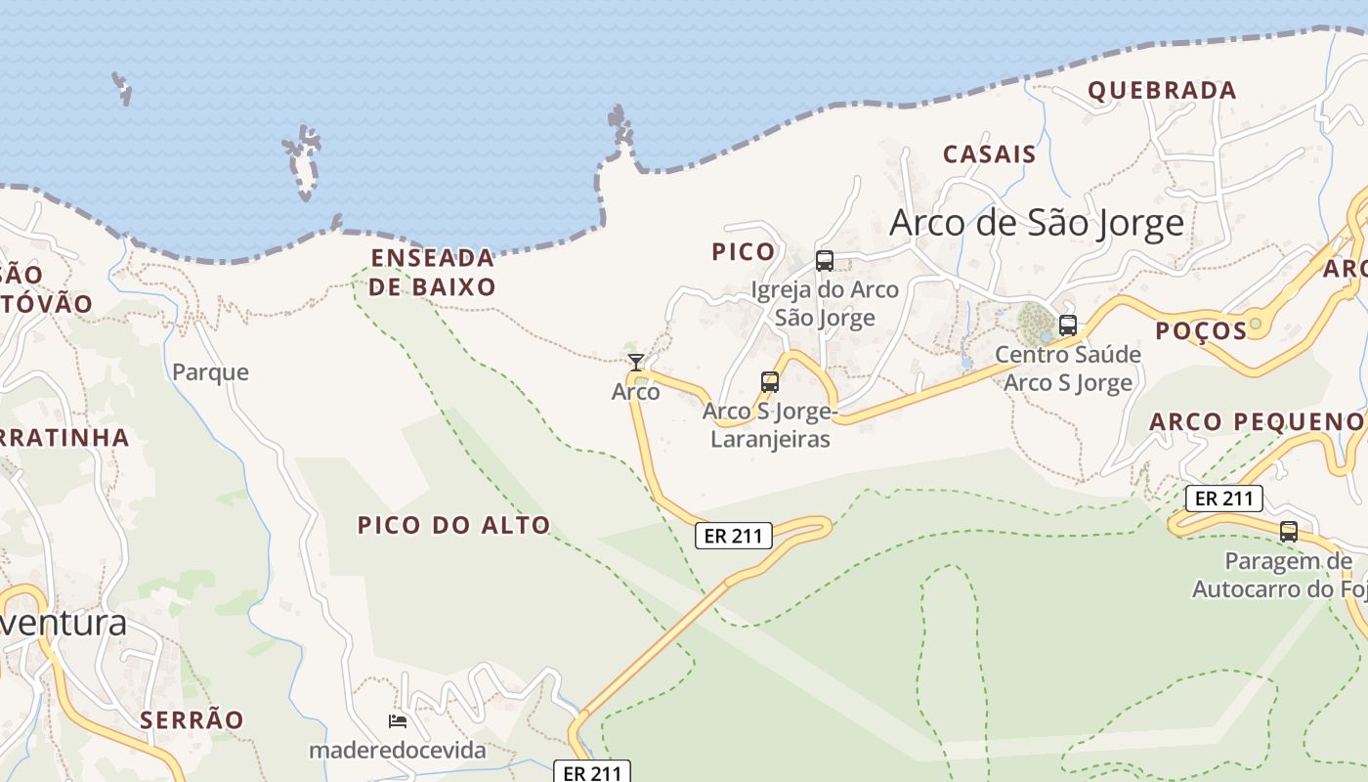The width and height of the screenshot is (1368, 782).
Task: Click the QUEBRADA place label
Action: [1162, 91]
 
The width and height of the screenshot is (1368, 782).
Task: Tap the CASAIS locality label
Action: [989, 154]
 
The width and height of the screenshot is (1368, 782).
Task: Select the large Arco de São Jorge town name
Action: [1037, 224]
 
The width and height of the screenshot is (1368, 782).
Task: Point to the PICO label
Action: [743, 252]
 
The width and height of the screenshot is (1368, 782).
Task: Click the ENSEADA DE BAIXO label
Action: [433, 272]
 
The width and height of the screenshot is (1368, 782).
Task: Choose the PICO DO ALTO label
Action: [453, 525]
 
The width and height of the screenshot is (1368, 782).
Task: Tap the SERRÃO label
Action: [192, 720]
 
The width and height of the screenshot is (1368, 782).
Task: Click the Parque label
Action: [210, 372]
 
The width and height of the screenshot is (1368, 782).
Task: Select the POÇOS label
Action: [1201, 331]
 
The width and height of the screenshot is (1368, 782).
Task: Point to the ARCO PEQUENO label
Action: [1256, 422]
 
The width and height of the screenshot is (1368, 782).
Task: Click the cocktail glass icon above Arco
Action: [636, 363]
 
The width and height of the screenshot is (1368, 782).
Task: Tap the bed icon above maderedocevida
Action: [398, 721]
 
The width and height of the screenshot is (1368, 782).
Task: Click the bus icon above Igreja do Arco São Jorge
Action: [825, 261]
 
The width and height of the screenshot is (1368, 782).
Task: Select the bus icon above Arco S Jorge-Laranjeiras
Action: [770, 382]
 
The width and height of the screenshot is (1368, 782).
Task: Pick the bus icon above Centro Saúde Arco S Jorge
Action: [1068, 326]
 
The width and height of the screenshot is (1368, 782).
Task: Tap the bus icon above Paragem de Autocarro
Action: [1289, 532]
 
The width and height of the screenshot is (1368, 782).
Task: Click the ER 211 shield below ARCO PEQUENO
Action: [1224, 499]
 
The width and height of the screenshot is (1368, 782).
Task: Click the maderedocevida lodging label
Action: [397, 751]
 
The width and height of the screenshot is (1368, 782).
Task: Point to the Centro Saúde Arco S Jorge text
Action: [1068, 369]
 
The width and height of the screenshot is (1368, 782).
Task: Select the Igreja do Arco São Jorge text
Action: [825, 303]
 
